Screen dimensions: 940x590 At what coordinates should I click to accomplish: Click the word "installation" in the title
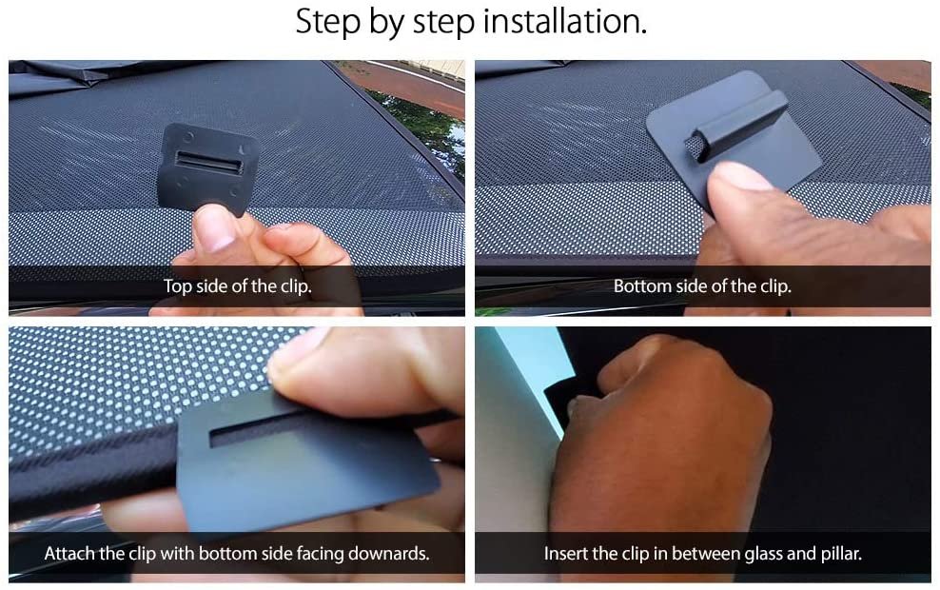(565, 21)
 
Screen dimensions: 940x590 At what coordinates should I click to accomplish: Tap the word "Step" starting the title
(328, 23)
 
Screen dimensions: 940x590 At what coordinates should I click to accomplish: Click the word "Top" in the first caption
(178, 286)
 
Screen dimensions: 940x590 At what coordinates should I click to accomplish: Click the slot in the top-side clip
(206, 162)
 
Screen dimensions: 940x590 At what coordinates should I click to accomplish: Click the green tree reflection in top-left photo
(425, 128)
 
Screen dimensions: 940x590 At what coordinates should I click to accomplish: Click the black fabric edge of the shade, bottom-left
(90, 474)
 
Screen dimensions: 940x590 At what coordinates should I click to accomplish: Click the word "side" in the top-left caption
(211, 286)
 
